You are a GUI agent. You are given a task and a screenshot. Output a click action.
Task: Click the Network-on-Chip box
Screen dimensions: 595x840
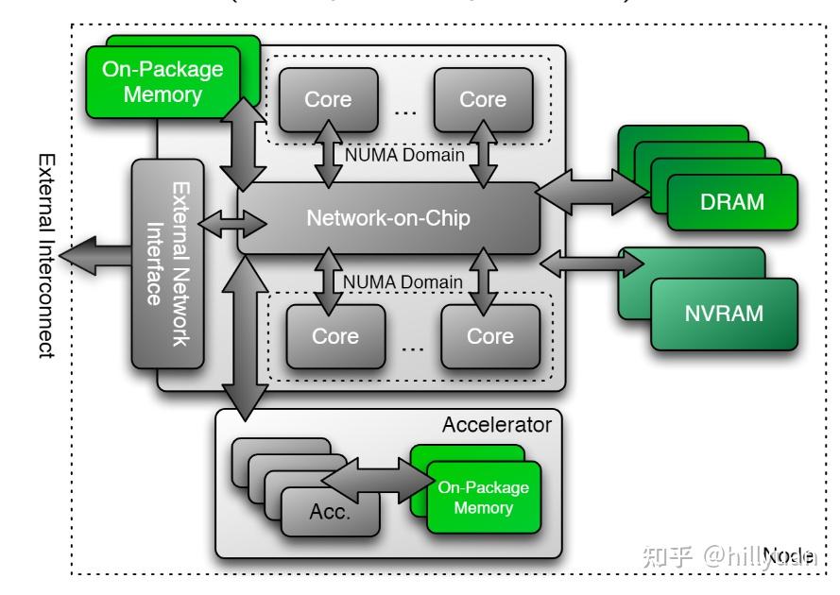point(387,218)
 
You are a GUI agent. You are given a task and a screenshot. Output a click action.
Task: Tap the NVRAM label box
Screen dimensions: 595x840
point(724,314)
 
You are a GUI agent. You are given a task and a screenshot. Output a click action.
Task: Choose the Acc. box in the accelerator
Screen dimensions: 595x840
point(330,513)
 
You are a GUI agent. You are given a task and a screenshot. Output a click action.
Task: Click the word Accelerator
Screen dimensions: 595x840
point(496,425)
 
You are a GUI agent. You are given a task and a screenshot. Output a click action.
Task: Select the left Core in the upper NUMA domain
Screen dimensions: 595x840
point(327,100)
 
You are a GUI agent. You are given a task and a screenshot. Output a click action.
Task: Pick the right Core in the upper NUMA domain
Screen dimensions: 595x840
point(482,100)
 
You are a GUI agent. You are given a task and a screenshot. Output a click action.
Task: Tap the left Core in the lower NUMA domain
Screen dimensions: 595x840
point(334,337)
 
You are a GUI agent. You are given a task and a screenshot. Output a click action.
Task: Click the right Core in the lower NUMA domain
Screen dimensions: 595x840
point(489,337)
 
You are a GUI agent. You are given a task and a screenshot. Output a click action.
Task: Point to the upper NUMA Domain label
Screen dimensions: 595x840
point(404,155)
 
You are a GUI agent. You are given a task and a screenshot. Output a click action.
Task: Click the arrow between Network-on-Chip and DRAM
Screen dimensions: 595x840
point(592,189)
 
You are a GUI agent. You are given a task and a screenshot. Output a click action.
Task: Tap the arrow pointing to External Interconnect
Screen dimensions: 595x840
point(98,255)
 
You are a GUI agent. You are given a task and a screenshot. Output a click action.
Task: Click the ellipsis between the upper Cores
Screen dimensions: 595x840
point(404,111)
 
